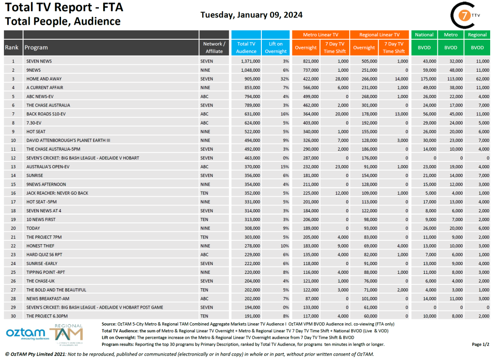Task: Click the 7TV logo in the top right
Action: point(464,16)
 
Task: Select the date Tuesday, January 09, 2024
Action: point(252,15)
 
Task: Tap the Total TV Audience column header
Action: point(246,47)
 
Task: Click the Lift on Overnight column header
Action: point(276,47)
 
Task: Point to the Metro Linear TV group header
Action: point(320,35)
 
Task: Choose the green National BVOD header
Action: point(424,35)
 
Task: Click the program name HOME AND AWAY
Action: point(44,79)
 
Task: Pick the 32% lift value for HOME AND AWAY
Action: point(283,79)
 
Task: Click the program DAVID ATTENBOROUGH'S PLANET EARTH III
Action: point(68,141)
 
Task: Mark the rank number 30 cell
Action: point(13,316)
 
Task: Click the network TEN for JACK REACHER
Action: point(205,193)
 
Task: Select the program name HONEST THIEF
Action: point(42,246)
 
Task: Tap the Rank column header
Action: point(12,47)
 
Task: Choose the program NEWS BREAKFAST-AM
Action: point(48,298)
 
